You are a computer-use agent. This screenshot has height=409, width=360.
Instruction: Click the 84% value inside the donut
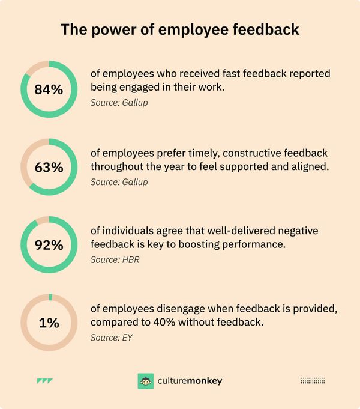(49, 90)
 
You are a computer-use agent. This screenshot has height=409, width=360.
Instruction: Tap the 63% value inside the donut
(49, 168)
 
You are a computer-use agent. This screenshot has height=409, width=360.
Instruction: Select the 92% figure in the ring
(49, 246)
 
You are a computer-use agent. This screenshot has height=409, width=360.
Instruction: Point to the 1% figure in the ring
(49, 323)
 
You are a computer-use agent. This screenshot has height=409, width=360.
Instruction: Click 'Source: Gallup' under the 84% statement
(119, 104)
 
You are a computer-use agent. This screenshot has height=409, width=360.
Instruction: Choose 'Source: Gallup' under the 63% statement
(119, 182)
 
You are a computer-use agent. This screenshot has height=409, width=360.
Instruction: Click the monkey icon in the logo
(145, 381)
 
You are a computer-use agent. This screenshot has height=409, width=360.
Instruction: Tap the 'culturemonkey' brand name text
(189, 381)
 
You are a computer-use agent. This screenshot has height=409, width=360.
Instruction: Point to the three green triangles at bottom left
(44, 381)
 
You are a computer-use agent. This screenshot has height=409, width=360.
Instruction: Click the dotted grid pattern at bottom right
(312, 381)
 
